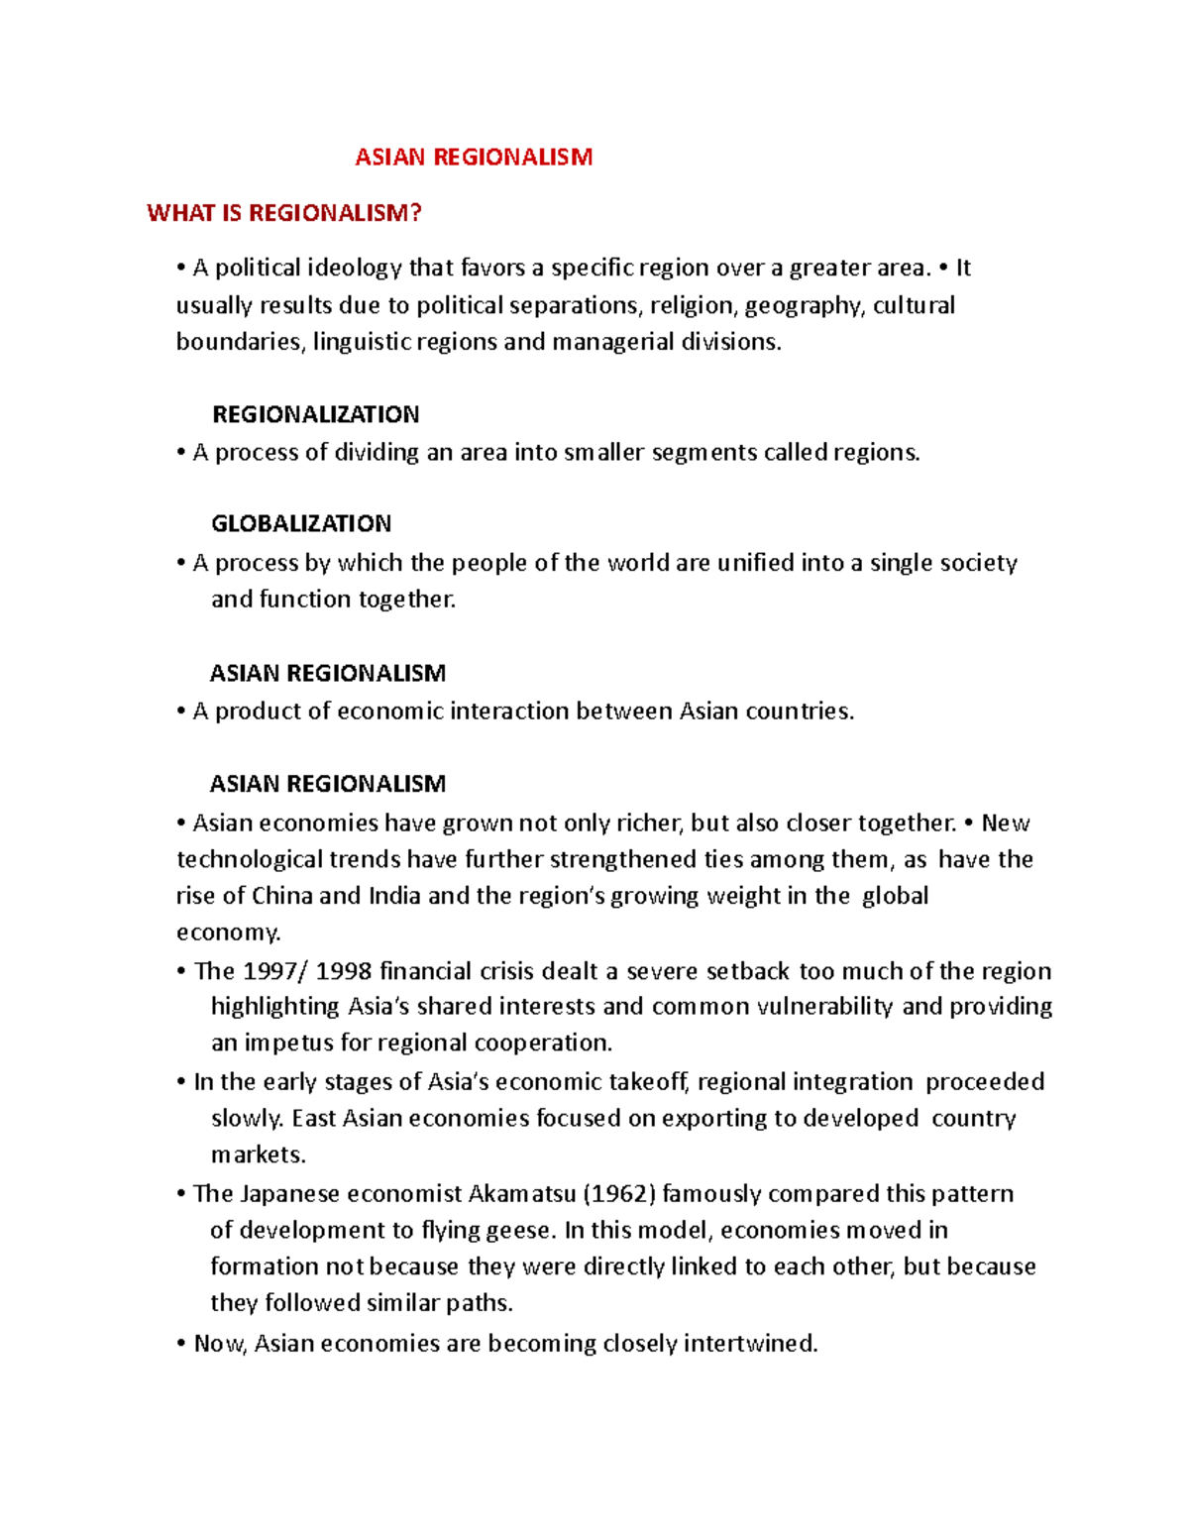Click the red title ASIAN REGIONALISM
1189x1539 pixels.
474,158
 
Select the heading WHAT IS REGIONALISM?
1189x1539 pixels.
284,213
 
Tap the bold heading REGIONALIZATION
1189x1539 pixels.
315,414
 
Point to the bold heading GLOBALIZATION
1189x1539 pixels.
301,523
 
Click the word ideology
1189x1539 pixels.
354,269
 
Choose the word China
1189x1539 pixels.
282,896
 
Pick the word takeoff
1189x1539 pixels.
648,1082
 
